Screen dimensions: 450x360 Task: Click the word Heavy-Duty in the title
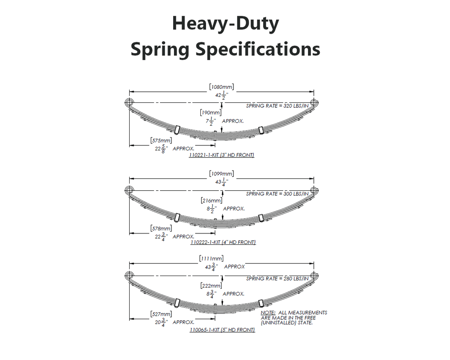pos(225,24)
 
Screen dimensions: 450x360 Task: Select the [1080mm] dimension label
pos(221,87)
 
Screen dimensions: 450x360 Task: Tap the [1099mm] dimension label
pos(221,174)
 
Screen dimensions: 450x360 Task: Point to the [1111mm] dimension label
pos(211,258)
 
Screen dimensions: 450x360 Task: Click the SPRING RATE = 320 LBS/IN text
pos(277,106)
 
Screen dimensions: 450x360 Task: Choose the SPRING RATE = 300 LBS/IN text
pos(277,194)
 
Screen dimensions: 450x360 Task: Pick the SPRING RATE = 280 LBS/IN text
pos(277,279)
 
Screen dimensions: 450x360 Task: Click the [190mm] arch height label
pos(211,113)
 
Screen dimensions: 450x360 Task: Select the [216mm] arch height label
pos(211,201)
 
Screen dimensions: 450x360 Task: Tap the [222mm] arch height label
pos(211,286)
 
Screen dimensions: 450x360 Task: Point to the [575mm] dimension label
pos(161,141)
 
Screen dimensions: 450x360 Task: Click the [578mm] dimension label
pos(161,229)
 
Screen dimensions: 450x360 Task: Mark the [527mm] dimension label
pos(161,314)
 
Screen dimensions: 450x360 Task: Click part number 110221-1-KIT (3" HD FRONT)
pos(221,155)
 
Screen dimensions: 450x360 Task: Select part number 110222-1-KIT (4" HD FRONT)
pos(223,242)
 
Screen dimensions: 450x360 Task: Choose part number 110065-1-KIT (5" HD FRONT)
pos(222,330)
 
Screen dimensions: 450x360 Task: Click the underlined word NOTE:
pos(268,313)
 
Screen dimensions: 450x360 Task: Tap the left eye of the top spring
pos(129,102)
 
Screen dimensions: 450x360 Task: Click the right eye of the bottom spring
pos(314,276)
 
